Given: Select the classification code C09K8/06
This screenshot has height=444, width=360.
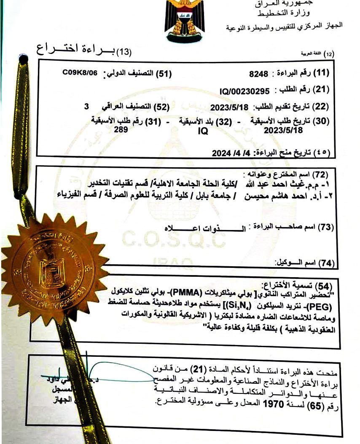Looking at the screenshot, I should coord(80,72).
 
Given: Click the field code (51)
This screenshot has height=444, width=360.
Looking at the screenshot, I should coord(164,74).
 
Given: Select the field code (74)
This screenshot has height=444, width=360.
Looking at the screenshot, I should coord(326,263).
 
